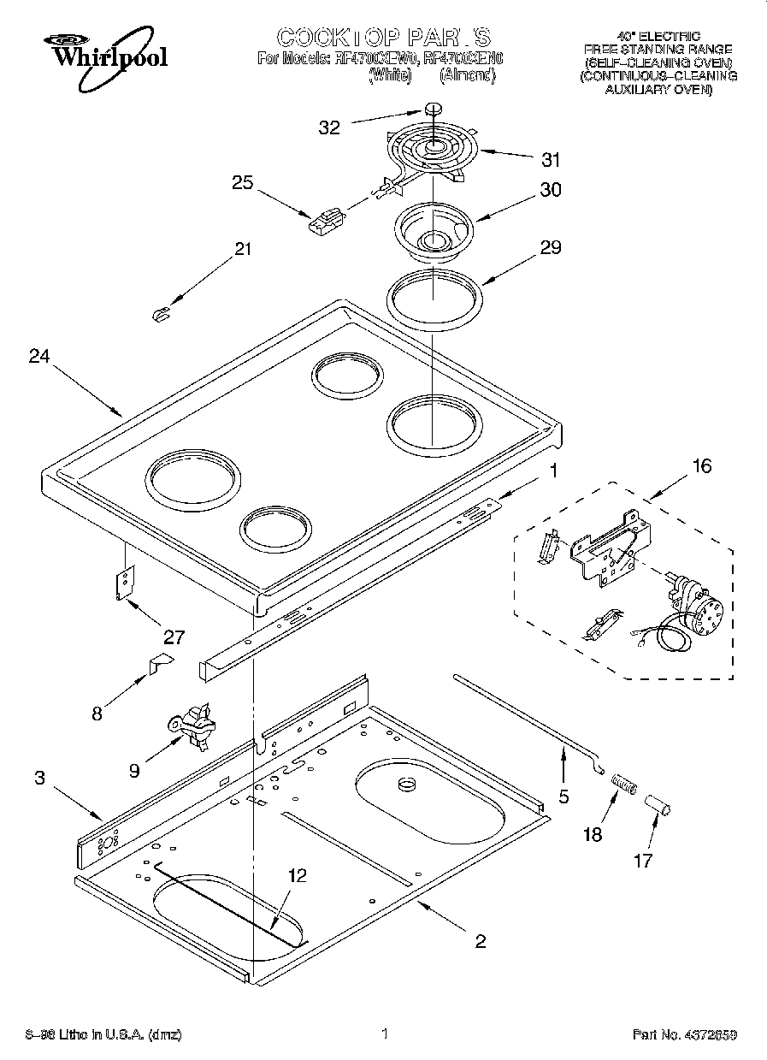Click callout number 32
[330, 127]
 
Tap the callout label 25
[243, 182]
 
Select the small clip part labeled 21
[159, 314]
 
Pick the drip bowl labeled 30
[434, 230]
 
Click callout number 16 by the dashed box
[701, 465]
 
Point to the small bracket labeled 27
[125, 582]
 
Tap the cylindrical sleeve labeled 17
[659, 804]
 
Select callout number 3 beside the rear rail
[40, 778]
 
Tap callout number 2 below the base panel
[481, 941]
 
